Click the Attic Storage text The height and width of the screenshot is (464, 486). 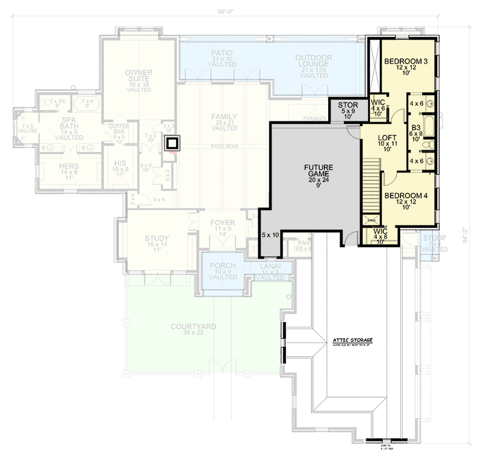352,340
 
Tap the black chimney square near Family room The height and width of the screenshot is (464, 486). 173,143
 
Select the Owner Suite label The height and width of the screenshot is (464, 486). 139,77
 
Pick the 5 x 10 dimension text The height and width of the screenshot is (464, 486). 270,234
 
